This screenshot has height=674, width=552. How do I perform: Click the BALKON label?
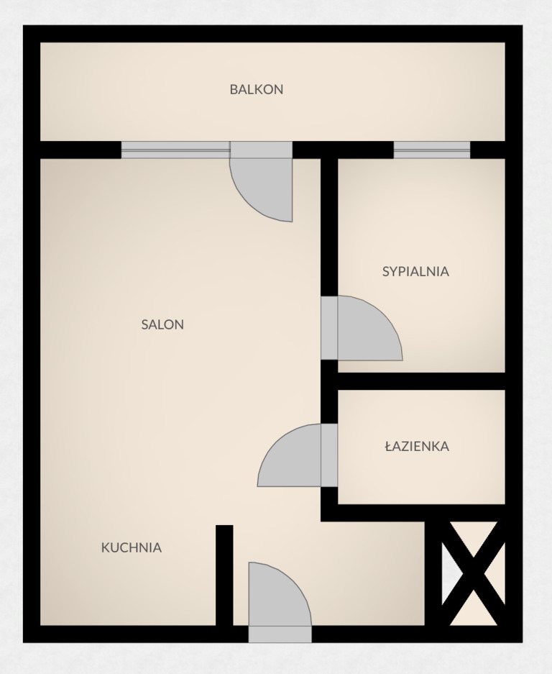coord(257,89)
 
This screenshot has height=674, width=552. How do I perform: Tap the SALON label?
coord(162,324)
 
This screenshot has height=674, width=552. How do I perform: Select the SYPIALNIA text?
coord(415,271)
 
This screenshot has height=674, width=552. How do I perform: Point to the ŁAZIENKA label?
coord(417,446)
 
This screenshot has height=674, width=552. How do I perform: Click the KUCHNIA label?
coord(132,547)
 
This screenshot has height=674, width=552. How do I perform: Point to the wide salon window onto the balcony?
coord(175,150)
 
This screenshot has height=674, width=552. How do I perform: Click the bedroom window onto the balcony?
coord(432,150)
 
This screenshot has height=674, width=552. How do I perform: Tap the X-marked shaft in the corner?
coord(473,573)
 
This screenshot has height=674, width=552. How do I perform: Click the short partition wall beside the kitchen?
coord(224,575)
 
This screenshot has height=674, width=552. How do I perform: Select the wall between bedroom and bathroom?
coord(421,381)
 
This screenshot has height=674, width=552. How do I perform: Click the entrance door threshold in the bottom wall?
coord(280,634)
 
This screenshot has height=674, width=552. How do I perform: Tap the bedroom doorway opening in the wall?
coord(329,328)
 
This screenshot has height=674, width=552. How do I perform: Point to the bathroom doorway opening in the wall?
coord(329,455)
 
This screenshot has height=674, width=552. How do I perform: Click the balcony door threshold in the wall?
coord(262,150)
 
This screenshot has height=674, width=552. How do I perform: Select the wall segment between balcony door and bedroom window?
coord(344,150)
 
